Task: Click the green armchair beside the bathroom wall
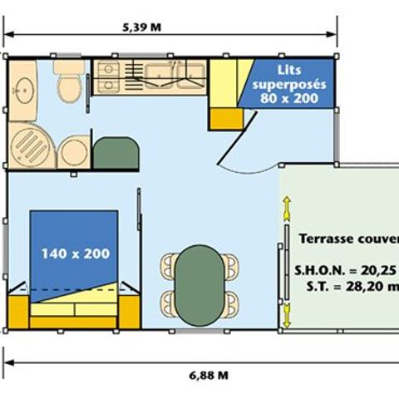(x=116, y=154)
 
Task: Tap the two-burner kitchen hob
(x=109, y=76)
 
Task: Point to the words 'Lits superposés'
(x=293, y=79)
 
